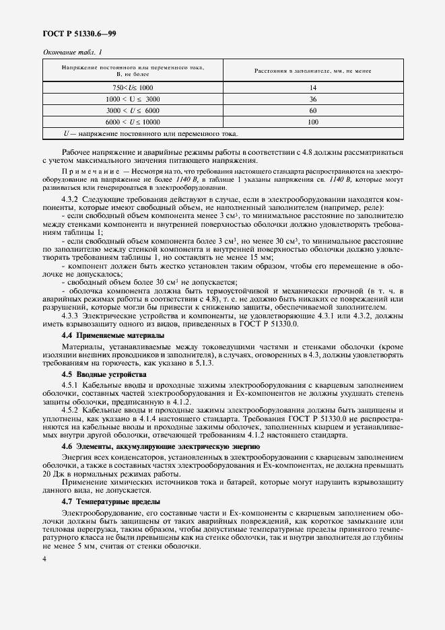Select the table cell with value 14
point(312,88)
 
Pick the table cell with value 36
point(312,99)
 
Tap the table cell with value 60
point(312,110)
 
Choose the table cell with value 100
point(312,122)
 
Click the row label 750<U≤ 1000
point(133,88)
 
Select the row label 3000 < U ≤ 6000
point(133,110)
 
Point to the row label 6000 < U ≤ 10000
point(133,122)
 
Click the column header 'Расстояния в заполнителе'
point(312,71)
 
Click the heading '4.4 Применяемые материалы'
point(110,335)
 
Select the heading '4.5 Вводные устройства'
point(99,373)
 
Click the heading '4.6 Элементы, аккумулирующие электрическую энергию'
point(160,446)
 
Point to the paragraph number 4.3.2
point(70,200)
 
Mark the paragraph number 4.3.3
point(70,314)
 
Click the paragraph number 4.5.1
point(70,384)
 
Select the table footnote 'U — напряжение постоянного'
point(147,133)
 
